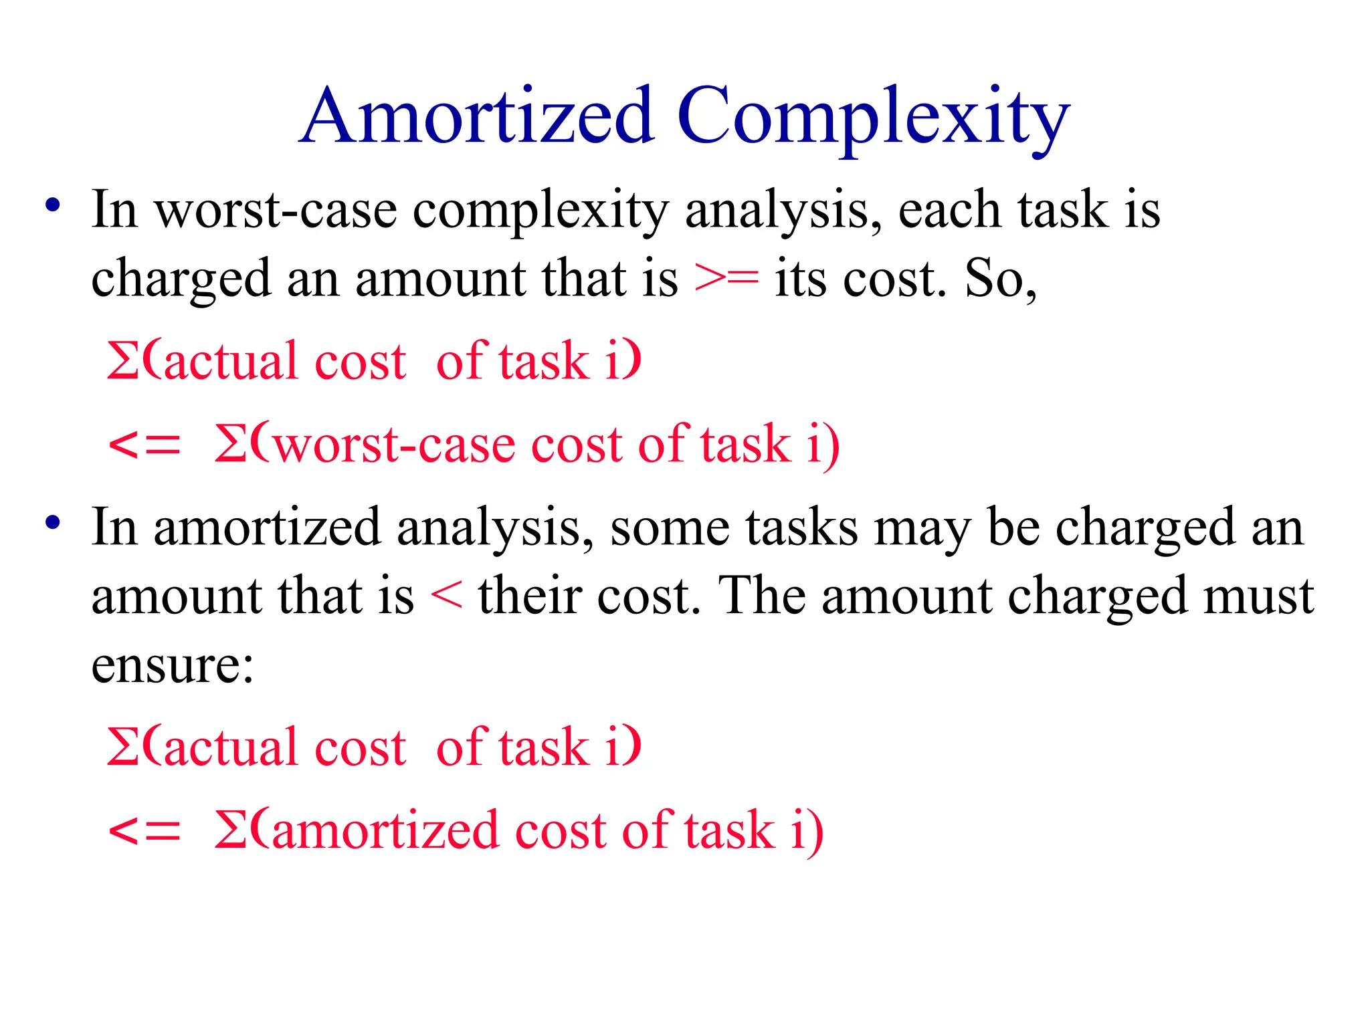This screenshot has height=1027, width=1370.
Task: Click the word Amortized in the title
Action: pyautogui.click(x=478, y=116)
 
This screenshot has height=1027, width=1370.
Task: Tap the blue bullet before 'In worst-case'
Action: pyautogui.click(x=53, y=205)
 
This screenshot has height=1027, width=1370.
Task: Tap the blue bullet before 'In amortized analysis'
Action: pyautogui.click(x=53, y=523)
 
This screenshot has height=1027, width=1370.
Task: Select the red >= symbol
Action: pyautogui.click(x=726, y=278)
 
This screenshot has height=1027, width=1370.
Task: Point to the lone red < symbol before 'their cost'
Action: pyautogui.click(x=446, y=595)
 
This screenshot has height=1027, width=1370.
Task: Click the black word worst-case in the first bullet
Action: pyautogui.click(x=276, y=210)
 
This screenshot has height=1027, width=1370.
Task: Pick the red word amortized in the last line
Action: pyautogui.click(x=385, y=830)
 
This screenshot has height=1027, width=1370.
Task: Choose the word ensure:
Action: pyautogui.click(x=173, y=665)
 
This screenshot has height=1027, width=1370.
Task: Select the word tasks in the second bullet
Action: pyautogui.click(x=802, y=528)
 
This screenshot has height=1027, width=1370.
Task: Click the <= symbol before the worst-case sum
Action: pyautogui.click(x=144, y=445)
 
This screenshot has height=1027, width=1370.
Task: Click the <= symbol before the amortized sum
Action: pyautogui.click(x=144, y=830)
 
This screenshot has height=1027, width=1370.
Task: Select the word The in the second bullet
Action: pyautogui.click(x=761, y=595)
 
